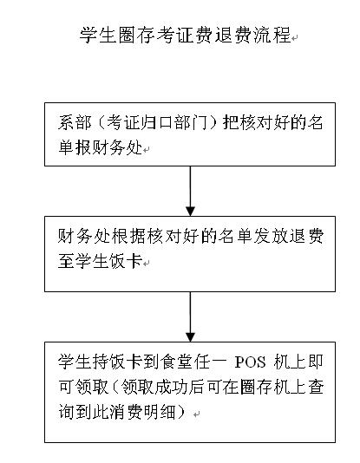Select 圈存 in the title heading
pos(137,35)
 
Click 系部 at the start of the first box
pos(75,122)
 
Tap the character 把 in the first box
pos(231,122)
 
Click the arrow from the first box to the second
pos(190,191)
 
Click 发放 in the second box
pos(271,236)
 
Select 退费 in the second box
pos(306,236)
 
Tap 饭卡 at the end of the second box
pos(126,260)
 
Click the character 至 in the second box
pos(66,260)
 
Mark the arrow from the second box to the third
pos(190,316)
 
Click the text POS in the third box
pos(250,362)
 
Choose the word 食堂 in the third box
pos(177,362)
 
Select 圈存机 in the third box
pos(265,387)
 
